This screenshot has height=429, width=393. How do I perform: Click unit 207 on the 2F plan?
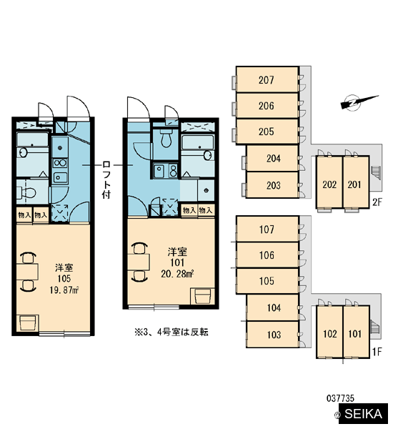(267, 79)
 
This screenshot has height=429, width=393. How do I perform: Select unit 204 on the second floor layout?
(273, 158)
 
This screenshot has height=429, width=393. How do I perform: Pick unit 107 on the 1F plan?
(267, 229)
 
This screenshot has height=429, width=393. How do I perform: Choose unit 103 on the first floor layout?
(273, 335)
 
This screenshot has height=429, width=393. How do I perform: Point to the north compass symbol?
(359, 102)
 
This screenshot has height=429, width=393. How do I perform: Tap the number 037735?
(340, 398)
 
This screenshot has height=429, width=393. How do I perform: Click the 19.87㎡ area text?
(64, 290)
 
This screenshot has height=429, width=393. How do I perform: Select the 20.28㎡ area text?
(177, 274)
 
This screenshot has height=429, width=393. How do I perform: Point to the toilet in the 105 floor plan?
(26, 193)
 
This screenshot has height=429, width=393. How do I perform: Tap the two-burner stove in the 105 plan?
(60, 163)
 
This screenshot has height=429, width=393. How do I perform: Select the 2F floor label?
(377, 202)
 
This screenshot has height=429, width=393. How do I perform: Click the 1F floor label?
(377, 352)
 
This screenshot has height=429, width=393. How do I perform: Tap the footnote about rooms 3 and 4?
(171, 332)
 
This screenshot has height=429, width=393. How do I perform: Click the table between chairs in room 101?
(139, 262)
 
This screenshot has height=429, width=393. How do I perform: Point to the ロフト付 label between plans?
(106, 179)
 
